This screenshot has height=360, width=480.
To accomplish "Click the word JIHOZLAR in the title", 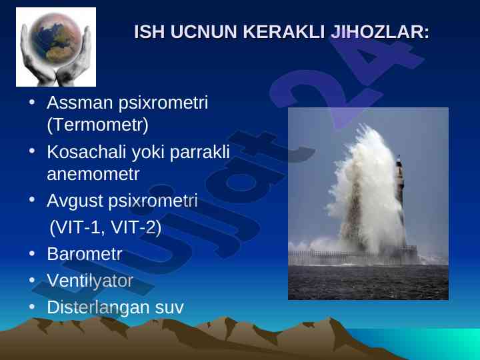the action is [x=380, y=31].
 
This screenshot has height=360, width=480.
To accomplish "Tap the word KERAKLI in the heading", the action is [x=284, y=31].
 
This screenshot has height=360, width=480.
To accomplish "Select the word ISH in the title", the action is [x=149, y=31].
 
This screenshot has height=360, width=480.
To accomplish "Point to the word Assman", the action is [x=80, y=103].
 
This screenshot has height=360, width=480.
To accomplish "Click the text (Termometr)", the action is [x=98, y=125].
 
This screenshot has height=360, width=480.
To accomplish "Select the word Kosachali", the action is [x=87, y=151].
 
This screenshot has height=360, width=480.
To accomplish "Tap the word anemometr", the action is [x=93, y=174].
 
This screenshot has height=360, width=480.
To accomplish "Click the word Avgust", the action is [x=75, y=201].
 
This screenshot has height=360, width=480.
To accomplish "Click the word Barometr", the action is [x=85, y=254].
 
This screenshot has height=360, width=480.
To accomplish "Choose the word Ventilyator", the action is [x=90, y=281].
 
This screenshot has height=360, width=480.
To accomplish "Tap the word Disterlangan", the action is [x=98, y=307].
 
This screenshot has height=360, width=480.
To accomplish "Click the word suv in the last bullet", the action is [x=169, y=308].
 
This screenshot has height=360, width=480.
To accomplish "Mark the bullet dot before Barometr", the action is [x=32, y=253].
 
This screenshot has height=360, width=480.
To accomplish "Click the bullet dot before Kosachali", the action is [x=32, y=151].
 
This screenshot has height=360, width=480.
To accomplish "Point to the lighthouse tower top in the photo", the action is [x=399, y=159].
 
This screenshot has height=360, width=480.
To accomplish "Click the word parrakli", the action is [x=200, y=151].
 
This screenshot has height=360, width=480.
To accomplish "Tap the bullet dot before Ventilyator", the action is [x=32, y=280].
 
